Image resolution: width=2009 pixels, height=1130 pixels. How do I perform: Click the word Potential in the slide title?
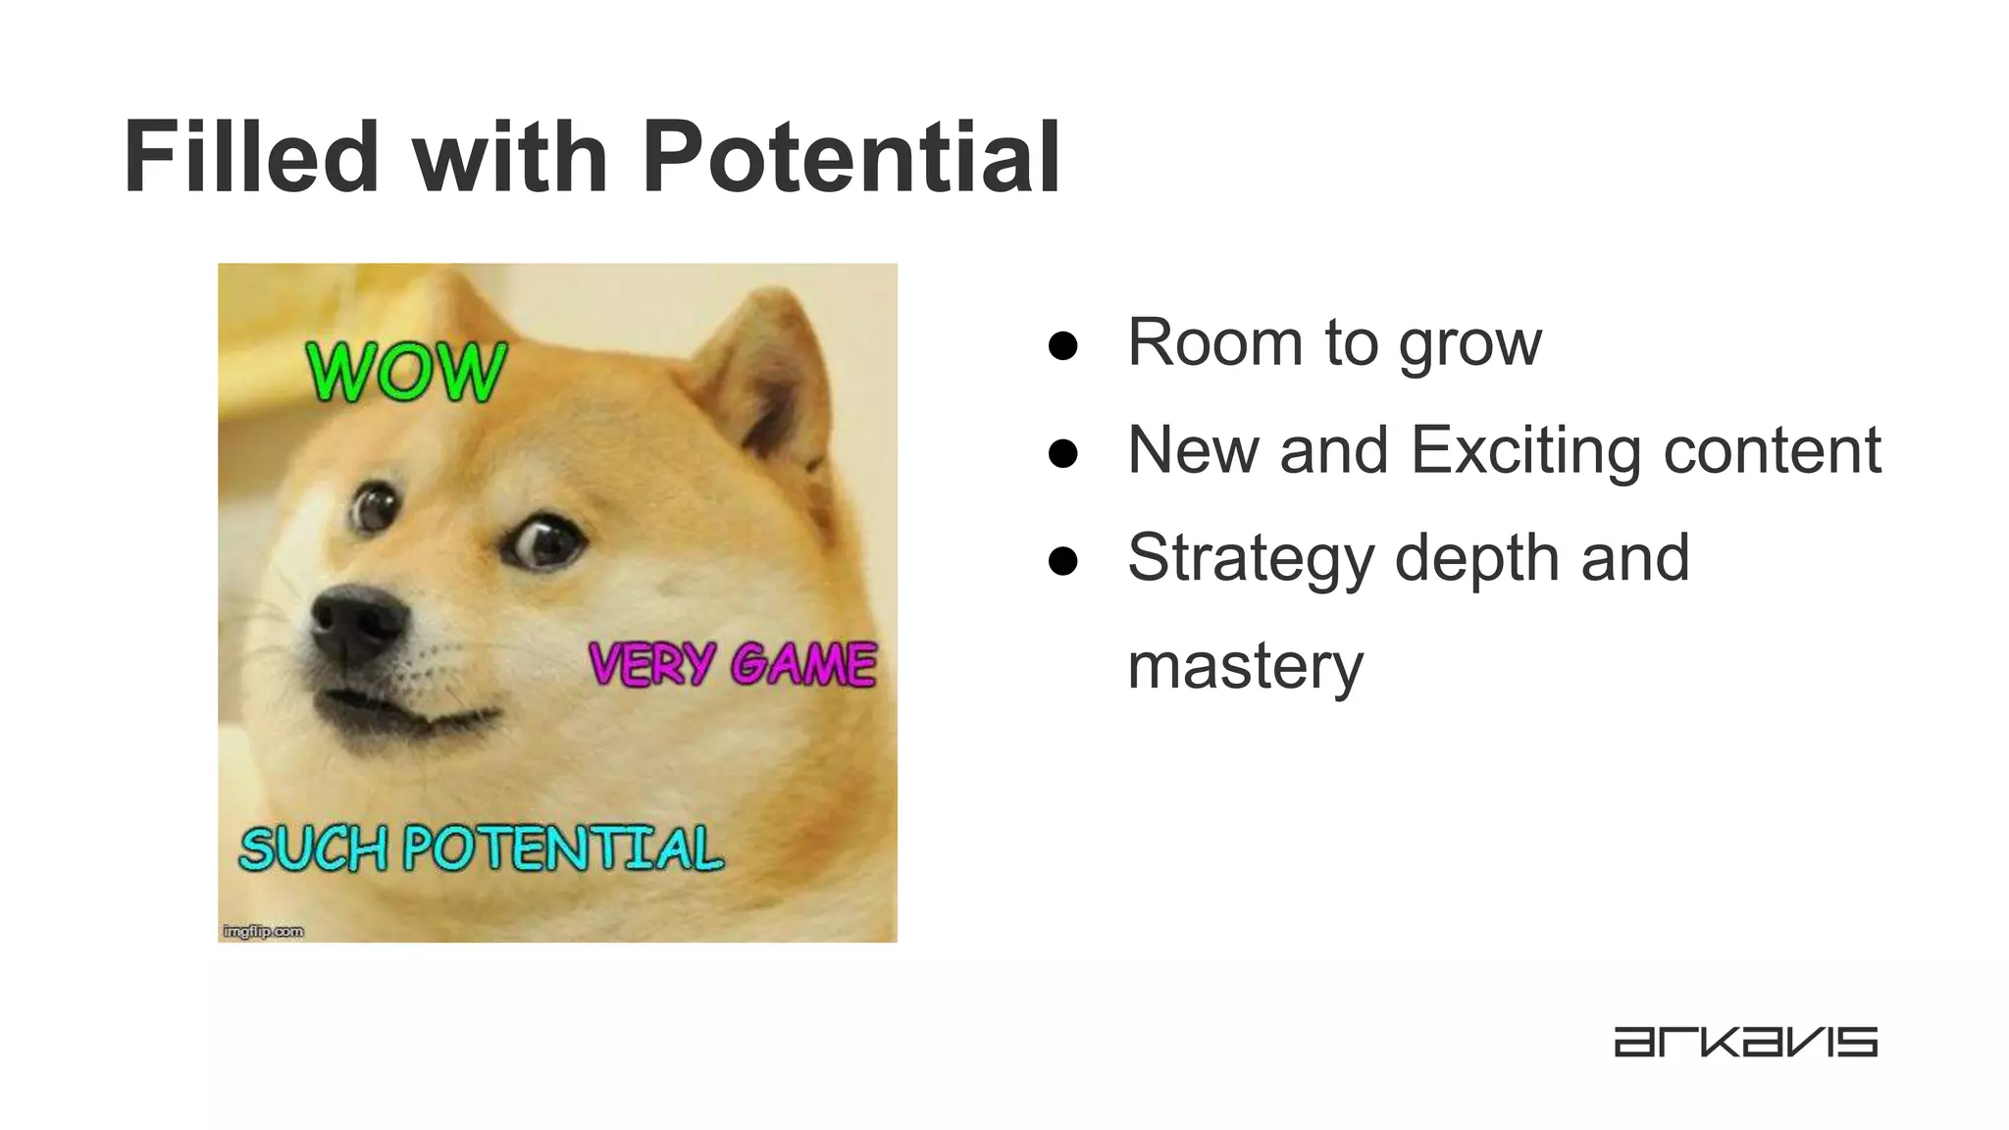[850, 157]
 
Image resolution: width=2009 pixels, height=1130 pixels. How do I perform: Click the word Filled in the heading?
[251, 157]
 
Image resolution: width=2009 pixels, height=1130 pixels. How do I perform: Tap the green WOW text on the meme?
[406, 373]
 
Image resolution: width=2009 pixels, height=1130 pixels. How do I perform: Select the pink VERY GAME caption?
[732, 664]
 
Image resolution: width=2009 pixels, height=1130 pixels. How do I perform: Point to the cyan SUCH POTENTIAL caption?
[481, 848]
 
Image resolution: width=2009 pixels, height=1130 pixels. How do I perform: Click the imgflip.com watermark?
[263, 931]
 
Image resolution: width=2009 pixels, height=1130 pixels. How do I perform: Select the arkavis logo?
[1745, 1042]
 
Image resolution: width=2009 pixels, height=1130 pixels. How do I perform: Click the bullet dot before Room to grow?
[1062, 345]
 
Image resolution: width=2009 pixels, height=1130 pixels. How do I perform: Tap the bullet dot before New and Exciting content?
[1062, 453]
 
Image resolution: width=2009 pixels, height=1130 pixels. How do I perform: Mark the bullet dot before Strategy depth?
[1062, 561]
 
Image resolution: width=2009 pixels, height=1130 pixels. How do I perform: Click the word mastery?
[1245, 667]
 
